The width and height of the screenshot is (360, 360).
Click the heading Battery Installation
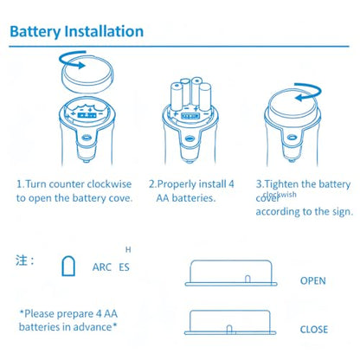(x=77, y=32)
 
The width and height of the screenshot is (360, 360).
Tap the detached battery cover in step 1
(x=87, y=76)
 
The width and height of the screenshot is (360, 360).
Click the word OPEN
(x=313, y=280)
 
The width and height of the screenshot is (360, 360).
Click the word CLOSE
(x=314, y=330)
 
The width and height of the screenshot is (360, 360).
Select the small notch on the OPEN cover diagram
(x=247, y=279)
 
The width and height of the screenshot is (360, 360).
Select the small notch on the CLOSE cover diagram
(x=229, y=329)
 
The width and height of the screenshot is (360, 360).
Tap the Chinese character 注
(x=22, y=260)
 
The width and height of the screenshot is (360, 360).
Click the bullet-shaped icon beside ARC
(x=68, y=266)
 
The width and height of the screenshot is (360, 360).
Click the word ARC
(x=102, y=267)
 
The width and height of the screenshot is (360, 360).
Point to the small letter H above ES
(x=128, y=249)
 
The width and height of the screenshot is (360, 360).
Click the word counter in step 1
(x=67, y=184)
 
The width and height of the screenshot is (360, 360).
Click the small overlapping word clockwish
(x=280, y=194)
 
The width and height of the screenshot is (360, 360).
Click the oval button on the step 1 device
(x=86, y=138)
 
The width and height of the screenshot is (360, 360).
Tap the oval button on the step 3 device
(x=292, y=137)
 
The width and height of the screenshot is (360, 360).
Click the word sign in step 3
(x=343, y=212)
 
